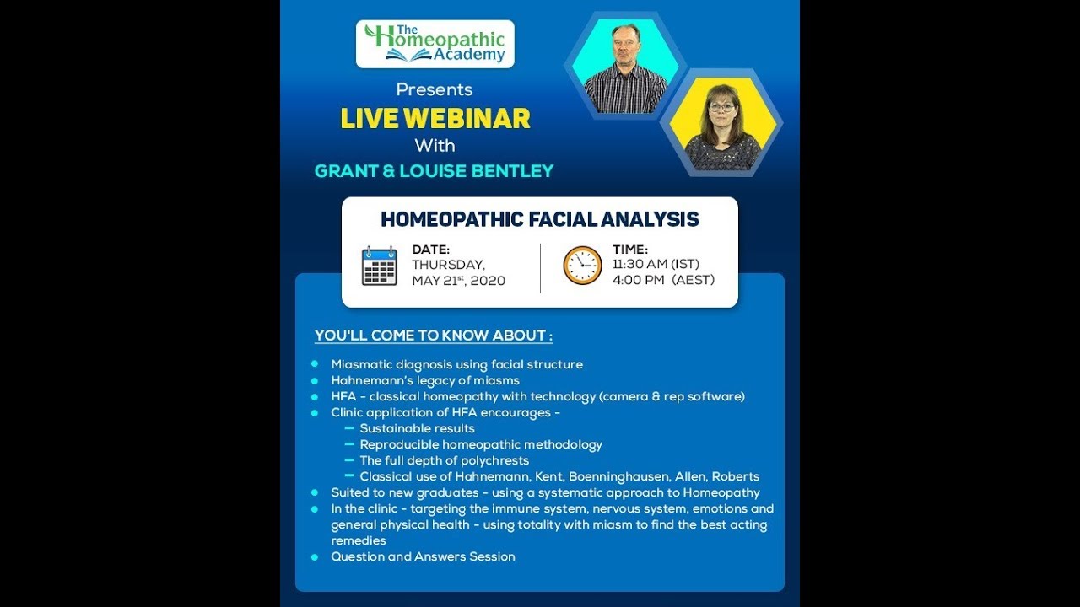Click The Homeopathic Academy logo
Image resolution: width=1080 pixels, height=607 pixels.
click(x=435, y=44)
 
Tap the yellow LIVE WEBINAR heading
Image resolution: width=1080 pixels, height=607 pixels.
click(x=435, y=118)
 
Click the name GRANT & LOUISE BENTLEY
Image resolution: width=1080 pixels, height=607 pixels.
click(x=434, y=171)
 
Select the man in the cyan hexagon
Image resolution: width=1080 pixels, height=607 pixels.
click(x=625, y=76)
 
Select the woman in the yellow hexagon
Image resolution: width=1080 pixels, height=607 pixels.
click(x=722, y=126)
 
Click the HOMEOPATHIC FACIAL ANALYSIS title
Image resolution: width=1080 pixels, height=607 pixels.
click(x=539, y=219)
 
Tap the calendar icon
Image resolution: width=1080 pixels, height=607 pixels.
click(x=379, y=266)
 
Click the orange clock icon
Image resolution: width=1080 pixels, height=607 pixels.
click(x=582, y=266)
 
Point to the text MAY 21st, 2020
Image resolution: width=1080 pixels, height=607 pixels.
click(x=458, y=281)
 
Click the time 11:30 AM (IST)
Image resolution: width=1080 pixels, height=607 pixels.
click(x=656, y=265)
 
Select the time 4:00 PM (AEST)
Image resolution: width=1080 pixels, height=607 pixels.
click(x=663, y=280)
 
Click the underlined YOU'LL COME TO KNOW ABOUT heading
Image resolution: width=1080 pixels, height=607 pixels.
click(x=433, y=336)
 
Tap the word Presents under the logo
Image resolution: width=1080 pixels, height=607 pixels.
click(x=434, y=89)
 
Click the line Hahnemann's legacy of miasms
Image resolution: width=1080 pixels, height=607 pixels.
click(x=425, y=380)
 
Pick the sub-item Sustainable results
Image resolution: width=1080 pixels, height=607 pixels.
click(x=417, y=428)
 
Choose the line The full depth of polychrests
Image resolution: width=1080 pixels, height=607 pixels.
click(x=444, y=460)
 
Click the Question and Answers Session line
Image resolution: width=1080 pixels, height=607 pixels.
click(x=423, y=556)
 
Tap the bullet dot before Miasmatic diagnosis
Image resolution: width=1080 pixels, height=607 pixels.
click(x=315, y=364)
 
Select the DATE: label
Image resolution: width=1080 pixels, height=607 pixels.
click(x=430, y=250)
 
